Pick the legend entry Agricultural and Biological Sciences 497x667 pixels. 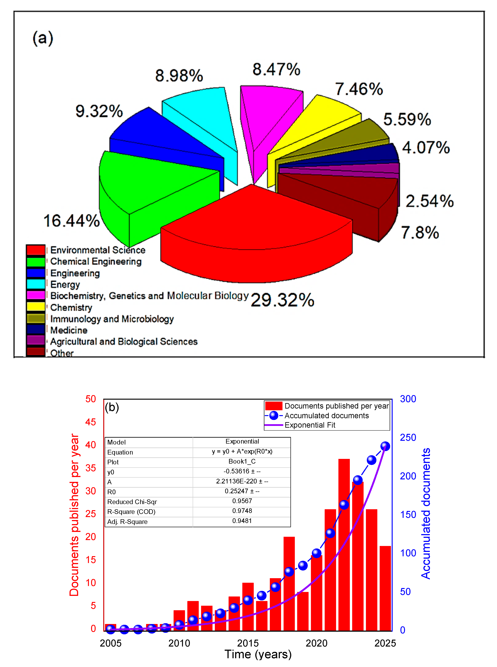(124, 342)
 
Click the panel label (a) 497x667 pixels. (43, 38)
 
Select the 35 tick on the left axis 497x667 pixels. (91, 468)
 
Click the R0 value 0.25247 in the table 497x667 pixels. (242, 491)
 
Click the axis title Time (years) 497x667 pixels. (258, 654)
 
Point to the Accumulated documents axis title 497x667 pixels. (426, 513)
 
